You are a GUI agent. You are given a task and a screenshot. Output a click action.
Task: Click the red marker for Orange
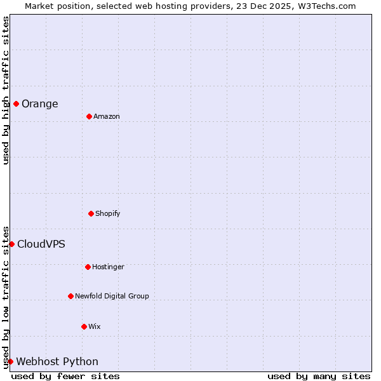(x=16, y=104)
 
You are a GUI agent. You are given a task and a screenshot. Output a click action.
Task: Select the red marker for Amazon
(x=89, y=116)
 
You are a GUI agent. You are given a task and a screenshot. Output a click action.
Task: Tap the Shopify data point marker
(x=91, y=213)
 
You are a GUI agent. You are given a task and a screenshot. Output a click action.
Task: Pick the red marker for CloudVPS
(x=11, y=244)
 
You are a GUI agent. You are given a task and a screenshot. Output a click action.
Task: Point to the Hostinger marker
(x=88, y=267)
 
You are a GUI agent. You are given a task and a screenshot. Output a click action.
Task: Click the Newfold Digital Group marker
(x=70, y=296)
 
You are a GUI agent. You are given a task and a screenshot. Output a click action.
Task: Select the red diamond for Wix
(x=84, y=326)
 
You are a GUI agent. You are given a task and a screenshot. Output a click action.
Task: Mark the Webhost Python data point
(x=10, y=361)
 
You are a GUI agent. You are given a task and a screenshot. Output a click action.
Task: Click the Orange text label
(x=40, y=104)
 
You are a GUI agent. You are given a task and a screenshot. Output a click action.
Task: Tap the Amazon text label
(x=107, y=117)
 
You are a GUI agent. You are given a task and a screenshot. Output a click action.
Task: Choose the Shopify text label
(x=108, y=214)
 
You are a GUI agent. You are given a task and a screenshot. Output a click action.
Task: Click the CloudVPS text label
(x=41, y=244)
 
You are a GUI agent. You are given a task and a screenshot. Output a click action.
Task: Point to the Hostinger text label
(x=109, y=267)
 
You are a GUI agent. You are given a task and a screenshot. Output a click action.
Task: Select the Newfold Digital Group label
(x=112, y=297)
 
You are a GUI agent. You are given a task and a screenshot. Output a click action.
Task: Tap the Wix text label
(x=95, y=327)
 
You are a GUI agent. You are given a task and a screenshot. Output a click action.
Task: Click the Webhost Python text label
(x=57, y=362)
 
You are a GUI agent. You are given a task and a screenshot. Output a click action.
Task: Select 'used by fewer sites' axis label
(x=65, y=376)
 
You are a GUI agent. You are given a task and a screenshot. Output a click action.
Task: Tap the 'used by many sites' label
(x=319, y=376)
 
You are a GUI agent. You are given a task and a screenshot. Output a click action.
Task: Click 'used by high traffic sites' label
(x=6, y=90)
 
